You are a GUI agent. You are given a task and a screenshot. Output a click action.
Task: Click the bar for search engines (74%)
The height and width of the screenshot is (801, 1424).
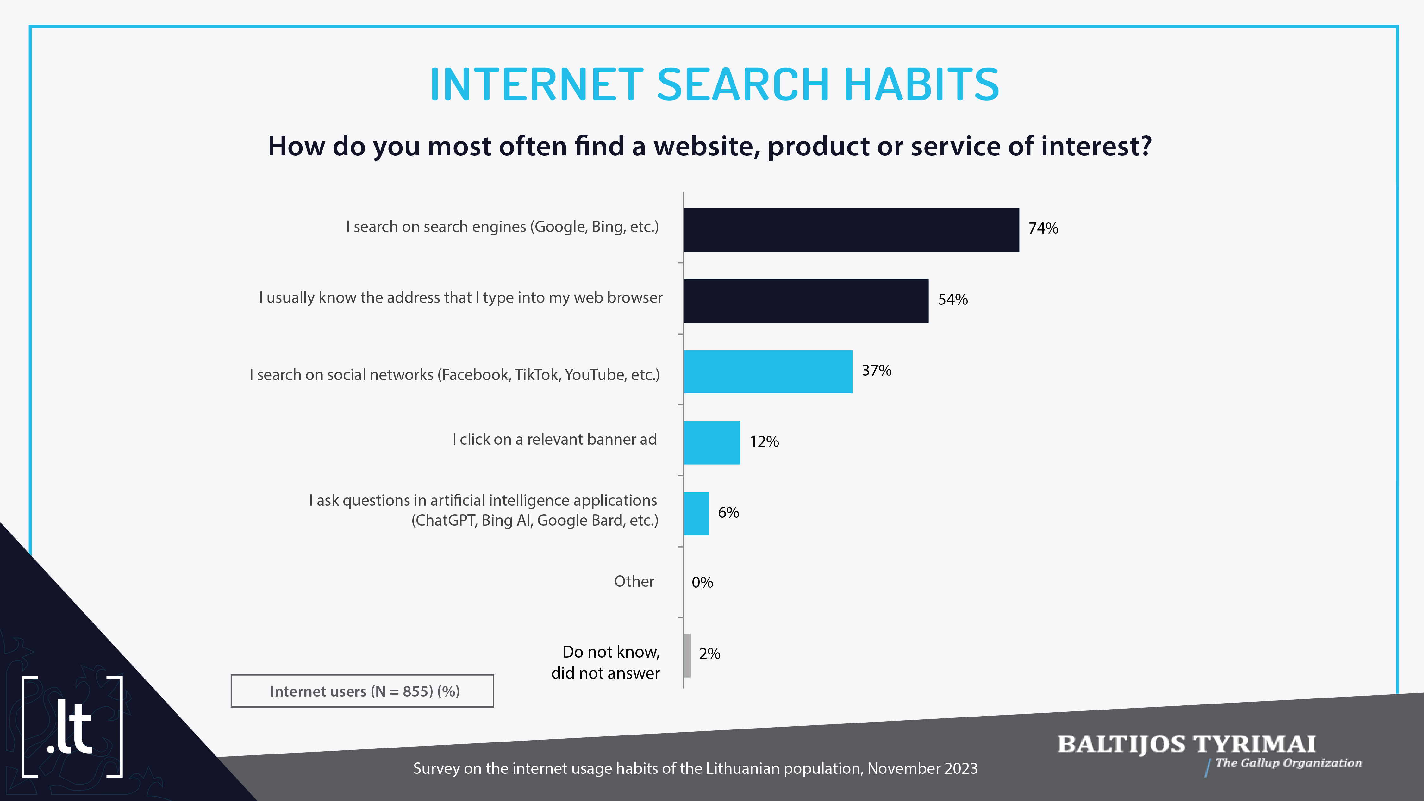pos(851,229)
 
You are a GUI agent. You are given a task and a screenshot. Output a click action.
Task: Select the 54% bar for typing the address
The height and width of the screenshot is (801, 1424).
pos(806,301)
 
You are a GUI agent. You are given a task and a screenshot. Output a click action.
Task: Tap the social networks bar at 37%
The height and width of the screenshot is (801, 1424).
pos(768,372)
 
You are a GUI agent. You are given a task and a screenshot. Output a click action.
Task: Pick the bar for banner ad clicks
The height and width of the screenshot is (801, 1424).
pos(712,442)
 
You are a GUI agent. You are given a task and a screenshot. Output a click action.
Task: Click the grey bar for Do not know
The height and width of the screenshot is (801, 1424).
pos(687,655)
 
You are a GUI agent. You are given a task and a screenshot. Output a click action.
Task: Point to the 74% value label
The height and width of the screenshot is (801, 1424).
pos(1043,228)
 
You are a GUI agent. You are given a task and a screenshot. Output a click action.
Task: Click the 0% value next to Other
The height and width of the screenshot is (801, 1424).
pos(702,582)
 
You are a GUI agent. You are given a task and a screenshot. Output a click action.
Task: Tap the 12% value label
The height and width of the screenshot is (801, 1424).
pos(764,442)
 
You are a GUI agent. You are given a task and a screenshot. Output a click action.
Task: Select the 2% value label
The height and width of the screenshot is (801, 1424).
pos(709,654)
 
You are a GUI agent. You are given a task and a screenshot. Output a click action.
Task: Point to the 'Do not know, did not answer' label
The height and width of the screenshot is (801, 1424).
pos(605,662)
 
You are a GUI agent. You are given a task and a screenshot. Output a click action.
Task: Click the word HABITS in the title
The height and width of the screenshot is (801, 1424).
pos(921,84)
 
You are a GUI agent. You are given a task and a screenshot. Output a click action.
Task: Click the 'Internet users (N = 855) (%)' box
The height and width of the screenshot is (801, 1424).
pos(362,691)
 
